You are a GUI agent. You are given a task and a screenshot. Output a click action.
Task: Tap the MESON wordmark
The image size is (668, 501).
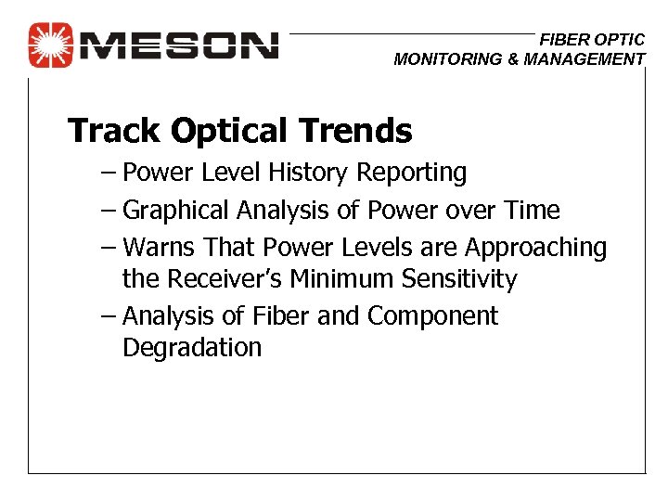point(180,45)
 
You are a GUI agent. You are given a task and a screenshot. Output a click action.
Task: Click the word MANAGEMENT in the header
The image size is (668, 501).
point(582,59)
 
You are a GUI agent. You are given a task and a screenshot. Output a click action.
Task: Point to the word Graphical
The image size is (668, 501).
point(176,212)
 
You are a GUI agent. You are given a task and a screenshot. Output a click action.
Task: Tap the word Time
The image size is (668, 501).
point(533,211)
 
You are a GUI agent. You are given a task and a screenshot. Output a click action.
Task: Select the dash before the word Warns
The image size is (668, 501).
point(108,249)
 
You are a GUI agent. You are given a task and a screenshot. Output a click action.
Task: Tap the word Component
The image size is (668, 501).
point(432,317)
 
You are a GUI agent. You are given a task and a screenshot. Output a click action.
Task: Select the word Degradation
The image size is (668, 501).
point(192,349)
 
